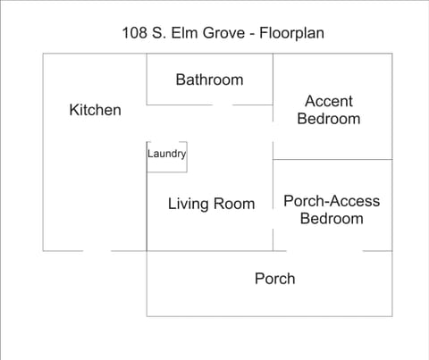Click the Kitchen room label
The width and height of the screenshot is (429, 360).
pyautogui.click(x=95, y=110)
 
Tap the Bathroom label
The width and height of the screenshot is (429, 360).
pyautogui.click(x=209, y=80)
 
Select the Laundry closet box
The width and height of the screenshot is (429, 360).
pyautogui.click(x=166, y=155)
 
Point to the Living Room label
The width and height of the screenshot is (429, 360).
pyautogui.click(x=211, y=204)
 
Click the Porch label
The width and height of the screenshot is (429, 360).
pyautogui.click(x=274, y=279)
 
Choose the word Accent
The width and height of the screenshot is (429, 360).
pyautogui.click(x=329, y=101)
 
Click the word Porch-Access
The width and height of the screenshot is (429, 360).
pyautogui.click(x=331, y=201)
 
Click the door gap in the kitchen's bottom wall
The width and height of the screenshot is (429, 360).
pyautogui.click(x=97, y=251)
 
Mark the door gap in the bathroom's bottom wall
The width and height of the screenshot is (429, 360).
pyautogui.click(x=223, y=105)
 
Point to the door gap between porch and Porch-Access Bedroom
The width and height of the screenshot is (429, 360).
pyautogui.click(x=350, y=251)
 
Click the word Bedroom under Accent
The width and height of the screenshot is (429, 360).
pyautogui.click(x=329, y=119)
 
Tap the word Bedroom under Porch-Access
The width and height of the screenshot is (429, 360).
pyautogui.click(x=332, y=219)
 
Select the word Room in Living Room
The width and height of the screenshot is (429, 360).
pyautogui.click(x=235, y=204)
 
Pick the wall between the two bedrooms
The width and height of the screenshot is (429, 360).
pyautogui.click(x=332, y=160)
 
